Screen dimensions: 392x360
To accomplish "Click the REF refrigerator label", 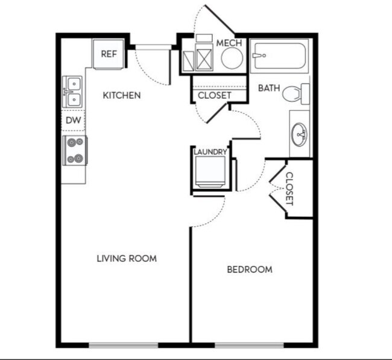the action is pyautogui.click(x=109, y=54).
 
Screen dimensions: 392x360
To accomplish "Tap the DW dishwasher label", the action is pyautogui.click(x=73, y=120).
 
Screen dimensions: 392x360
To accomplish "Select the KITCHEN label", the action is pyautogui.click(x=122, y=95).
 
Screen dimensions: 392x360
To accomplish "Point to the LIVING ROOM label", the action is pyautogui.click(x=127, y=258).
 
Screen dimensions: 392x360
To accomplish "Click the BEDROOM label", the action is pyautogui.click(x=250, y=270).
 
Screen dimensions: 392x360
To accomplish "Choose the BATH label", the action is pyautogui.click(x=269, y=88).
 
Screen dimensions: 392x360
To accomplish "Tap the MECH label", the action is pyautogui.click(x=229, y=43).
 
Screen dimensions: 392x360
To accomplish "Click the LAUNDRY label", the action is pyautogui.click(x=210, y=152).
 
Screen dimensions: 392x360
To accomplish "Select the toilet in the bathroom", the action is pyautogui.click(x=296, y=93).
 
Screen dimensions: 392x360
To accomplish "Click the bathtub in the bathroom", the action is pyautogui.click(x=280, y=56).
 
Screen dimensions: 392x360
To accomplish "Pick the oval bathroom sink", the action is pyautogui.click(x=300, y=134).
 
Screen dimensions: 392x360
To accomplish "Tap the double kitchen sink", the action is pyautogui.click(x=73, y=92).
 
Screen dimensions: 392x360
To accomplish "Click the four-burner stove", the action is pyautogui.click(x=75, y=150).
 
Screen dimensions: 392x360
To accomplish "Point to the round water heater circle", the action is pyautogui.click(x=232, y=58).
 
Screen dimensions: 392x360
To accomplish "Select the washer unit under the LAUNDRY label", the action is pyautogui.click(x=210, y=172).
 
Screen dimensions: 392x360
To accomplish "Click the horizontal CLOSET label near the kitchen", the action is pyautogui.click(x=215, y=95).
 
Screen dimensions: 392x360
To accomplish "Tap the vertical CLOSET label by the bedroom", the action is pyautogui.click(x=289, y=189).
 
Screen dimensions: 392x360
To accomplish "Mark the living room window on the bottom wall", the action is pyautogui.click(x=124, y=346).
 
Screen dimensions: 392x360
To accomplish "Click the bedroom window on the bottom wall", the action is pyautogui.click(x=249, y=346).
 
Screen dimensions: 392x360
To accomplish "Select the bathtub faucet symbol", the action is pyautogui.click(x=259, y=55).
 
